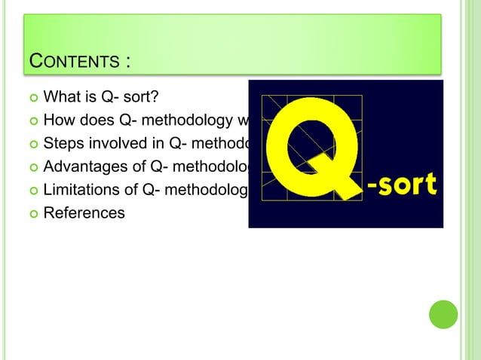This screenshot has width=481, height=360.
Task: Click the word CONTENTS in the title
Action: pos(72,60)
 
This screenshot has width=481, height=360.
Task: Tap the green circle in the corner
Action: pos(443,314)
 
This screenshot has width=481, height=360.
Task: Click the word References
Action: pos(84,213)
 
